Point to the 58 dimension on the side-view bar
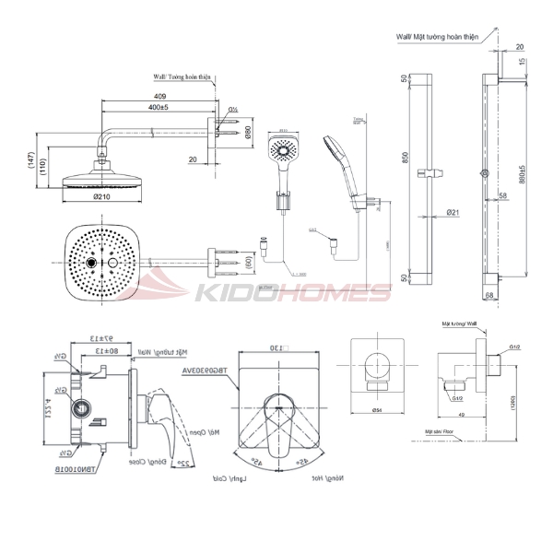tap(502, 196)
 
